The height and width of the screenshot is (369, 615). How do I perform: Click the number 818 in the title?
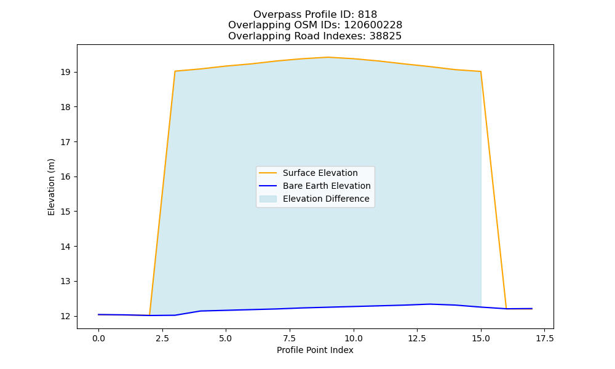367,15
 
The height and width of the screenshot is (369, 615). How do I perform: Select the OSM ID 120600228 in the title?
373,25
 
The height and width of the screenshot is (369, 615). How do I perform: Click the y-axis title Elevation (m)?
52,187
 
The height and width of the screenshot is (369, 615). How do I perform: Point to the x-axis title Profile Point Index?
315,350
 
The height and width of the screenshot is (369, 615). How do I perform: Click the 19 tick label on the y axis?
66,72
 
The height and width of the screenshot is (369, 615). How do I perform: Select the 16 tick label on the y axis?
66,177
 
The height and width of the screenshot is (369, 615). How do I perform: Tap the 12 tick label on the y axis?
66,316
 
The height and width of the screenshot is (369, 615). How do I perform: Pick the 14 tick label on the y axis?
66,247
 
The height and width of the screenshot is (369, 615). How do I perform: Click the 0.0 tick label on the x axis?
98,338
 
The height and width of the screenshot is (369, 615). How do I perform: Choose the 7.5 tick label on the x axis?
290,338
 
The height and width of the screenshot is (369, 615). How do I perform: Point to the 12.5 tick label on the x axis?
417,338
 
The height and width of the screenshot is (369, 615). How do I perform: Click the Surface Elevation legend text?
320,173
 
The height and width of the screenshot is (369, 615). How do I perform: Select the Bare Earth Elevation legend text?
327,186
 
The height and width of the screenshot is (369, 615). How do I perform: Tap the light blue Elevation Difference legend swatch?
268,199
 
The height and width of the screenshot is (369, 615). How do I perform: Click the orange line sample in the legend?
268,173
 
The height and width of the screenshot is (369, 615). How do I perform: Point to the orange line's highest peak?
328,57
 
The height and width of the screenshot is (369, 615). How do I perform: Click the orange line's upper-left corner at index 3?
175,71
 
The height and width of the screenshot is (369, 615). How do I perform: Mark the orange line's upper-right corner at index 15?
480,71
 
